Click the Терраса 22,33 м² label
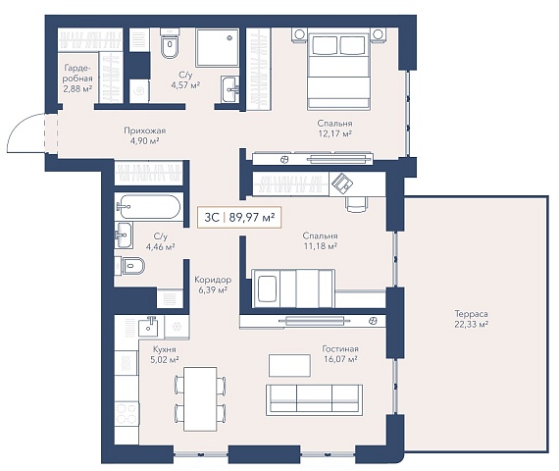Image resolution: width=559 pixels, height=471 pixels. [x=472, y=319]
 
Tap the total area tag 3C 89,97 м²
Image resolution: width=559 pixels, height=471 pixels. [x=239, y=217]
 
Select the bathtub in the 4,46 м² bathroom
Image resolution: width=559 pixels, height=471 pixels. [x=148, y=207]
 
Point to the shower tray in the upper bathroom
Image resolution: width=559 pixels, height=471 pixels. [x=217, y=48]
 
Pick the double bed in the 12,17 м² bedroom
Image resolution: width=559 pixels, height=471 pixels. [x=338, y=71]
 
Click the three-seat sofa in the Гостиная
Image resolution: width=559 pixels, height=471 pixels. [x=314, y=400]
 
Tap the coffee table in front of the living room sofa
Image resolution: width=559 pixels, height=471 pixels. [x=289, y=365]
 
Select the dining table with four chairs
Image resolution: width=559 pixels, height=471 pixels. [x=200, y=399]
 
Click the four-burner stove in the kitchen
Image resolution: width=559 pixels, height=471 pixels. [x=127, y=413]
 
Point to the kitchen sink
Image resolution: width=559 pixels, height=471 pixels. [x=148, y=327]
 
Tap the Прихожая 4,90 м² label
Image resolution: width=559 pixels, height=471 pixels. [x=145, y=135]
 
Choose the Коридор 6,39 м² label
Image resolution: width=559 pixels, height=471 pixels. [x=213, y=285]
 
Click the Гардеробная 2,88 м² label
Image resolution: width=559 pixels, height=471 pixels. [x=77, y=78]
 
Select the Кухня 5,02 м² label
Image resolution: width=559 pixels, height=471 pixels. [x=165, y=354]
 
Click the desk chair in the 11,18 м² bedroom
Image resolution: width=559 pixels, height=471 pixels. [x=356, y=203]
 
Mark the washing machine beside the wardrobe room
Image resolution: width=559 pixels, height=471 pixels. [x=139, y=91]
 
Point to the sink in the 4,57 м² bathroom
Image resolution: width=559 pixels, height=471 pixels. [x=229, y=89]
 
